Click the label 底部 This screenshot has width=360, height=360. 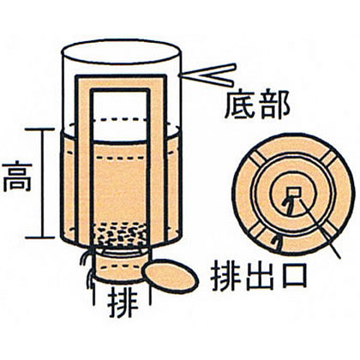257,105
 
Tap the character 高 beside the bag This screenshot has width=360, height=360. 17,177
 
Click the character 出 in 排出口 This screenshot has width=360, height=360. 259,276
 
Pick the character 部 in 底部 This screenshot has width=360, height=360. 274,105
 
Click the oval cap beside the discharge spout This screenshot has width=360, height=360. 171,276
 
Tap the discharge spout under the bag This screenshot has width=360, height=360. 122,264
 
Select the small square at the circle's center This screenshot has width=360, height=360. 294,193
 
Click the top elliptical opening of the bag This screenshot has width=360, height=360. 122,52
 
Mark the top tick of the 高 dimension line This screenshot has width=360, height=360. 39,129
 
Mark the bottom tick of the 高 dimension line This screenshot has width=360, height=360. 39,237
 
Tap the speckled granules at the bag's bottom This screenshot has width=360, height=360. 121,234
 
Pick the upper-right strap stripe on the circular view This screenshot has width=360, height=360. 329,158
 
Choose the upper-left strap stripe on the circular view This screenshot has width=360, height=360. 258,158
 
